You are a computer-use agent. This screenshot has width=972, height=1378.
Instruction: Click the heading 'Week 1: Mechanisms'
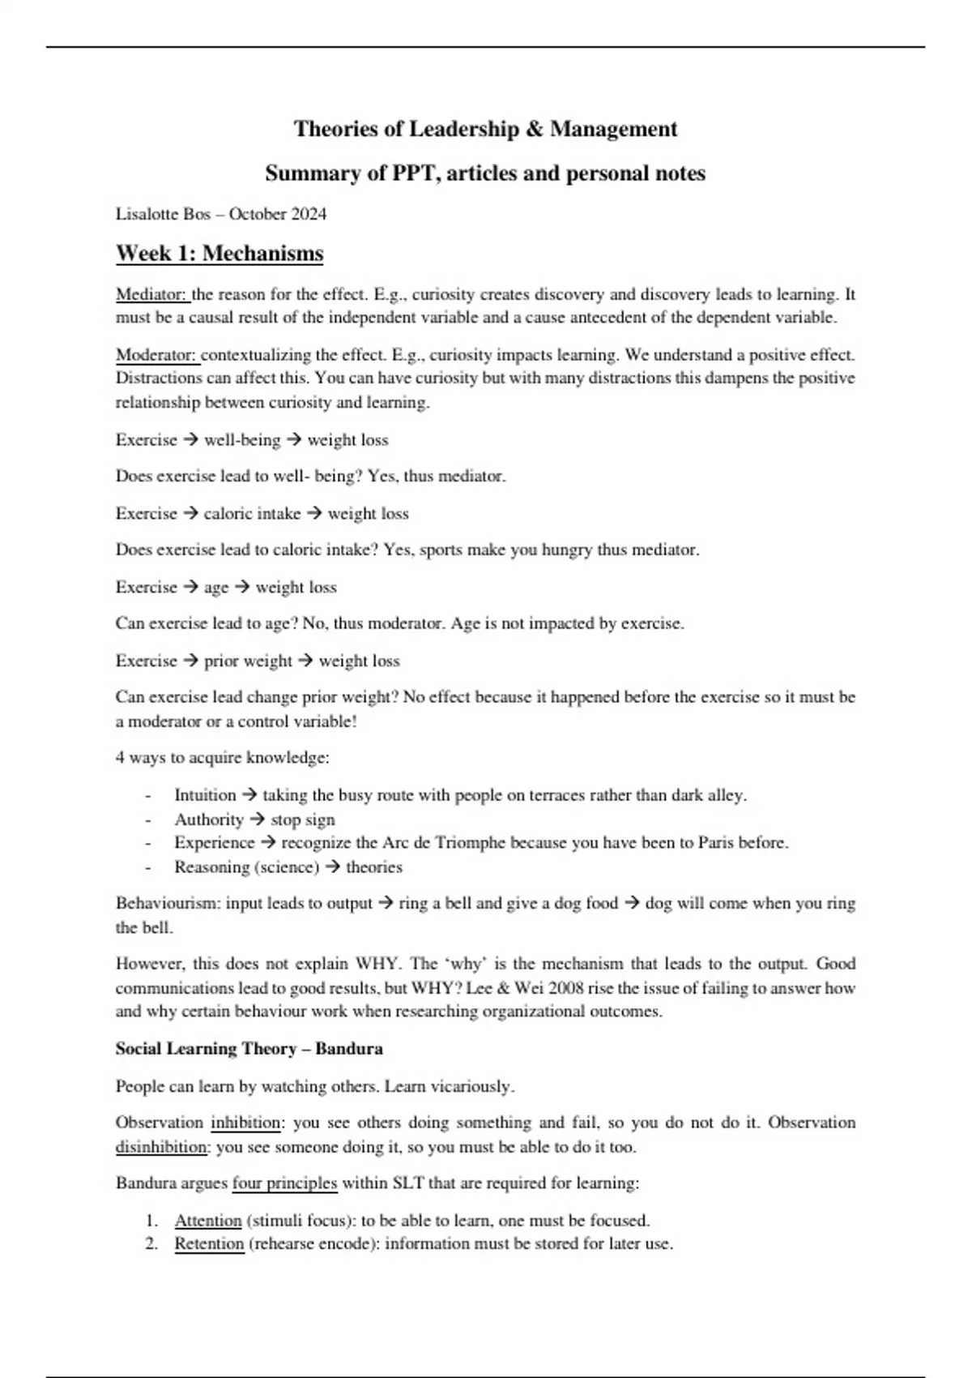coord(220,254)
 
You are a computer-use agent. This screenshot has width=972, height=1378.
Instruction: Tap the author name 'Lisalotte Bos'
coord(163,214)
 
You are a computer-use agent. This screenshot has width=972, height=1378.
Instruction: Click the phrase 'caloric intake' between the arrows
coord(252,514)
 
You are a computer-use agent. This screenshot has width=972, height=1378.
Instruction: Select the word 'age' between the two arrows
coord(216,588)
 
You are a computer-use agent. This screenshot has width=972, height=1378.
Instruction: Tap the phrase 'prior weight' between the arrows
coord(248,661)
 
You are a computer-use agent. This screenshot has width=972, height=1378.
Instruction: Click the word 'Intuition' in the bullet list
coord(205,795)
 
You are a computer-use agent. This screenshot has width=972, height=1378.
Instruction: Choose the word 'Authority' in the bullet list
coord(208,820)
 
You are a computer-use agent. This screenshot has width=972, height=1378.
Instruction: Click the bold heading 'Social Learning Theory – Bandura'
coord(249,1049)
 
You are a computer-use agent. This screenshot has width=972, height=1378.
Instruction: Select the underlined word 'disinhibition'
coord(161,1147)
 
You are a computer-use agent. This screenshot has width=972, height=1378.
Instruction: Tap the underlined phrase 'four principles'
coord(284,1183)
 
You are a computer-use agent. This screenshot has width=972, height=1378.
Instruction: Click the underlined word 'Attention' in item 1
coord(208,1221)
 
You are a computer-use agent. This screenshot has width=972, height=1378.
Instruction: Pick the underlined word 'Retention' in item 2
coord(209,1244)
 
